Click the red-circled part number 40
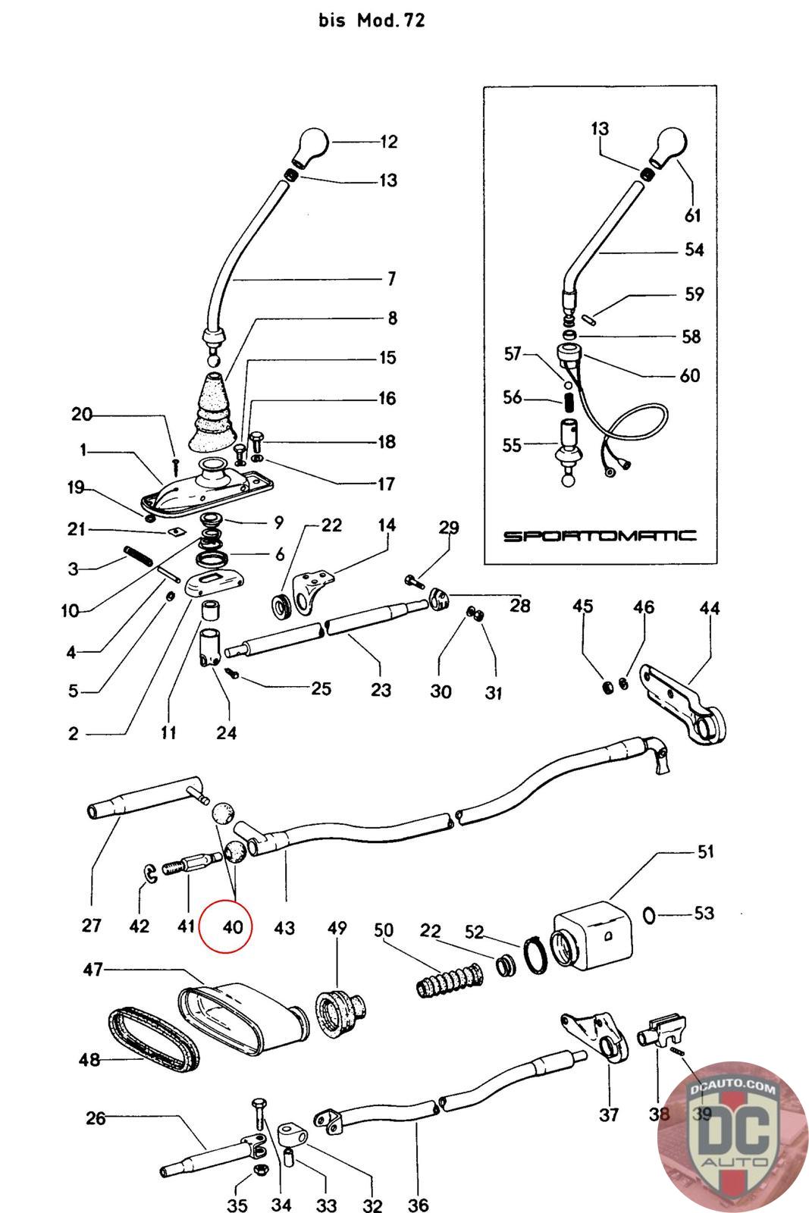(x=232, y=926)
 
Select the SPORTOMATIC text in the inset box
(x=600, y=536)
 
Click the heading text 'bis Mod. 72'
(x=372, y=20)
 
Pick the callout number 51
(x=705, y=852)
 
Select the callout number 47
(x=93, y=969)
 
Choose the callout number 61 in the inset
(x=693, y=215)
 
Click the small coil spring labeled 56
(x=568, y=398)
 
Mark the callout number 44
(x=710, y=608)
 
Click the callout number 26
(x=96, y=1118)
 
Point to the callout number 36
(x=418, y=1204)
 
